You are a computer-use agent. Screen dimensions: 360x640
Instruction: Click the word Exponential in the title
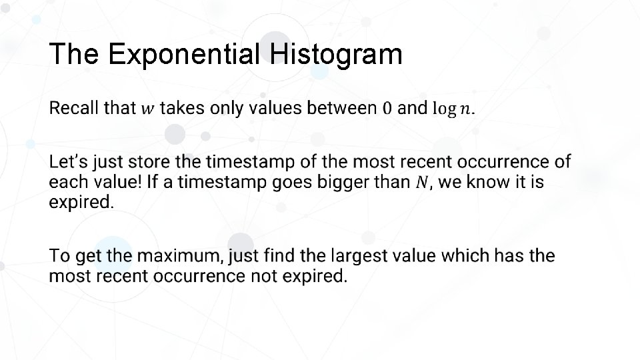click(183, 55)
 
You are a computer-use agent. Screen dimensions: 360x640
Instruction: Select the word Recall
click(75, 108)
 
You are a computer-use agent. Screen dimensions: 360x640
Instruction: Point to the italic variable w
click(147, 109)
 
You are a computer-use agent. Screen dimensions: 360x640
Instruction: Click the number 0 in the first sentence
click(388, 108)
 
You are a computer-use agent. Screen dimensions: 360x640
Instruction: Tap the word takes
click(183, 108)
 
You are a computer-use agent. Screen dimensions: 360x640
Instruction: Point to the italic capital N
click(420, 182)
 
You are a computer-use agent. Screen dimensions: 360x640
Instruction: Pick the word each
click(68, 182)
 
